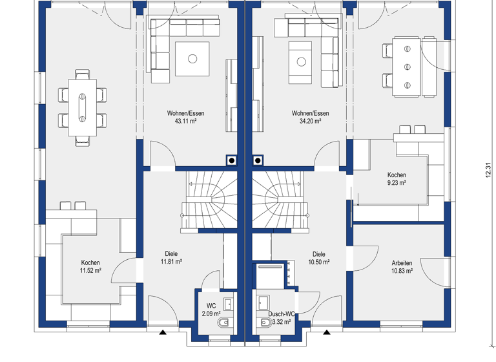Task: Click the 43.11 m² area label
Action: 185,121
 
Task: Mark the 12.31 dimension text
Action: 487,169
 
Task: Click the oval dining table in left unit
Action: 82,104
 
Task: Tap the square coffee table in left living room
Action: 192,59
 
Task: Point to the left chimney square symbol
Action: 231,160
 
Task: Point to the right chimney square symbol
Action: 258,160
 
